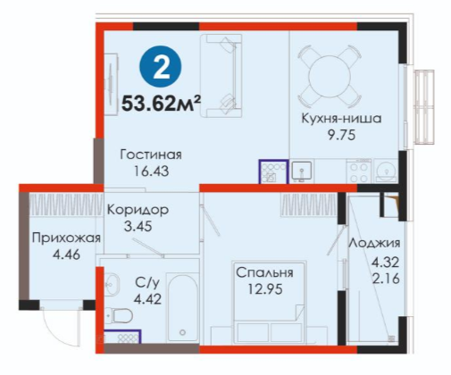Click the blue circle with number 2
[x=161, y=66]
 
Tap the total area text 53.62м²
[x=161, y=103]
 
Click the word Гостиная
[x=151, y=154]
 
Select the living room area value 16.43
[x=151, y=171]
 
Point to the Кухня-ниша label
[x=341, y=119]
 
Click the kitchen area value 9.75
[x=342, y=136]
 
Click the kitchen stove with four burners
[x=359, y=171]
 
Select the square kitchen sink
[x=302, y=171]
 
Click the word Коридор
[x=138, y=210]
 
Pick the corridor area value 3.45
[x=138, y=227]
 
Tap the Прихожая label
[x=66, y=238]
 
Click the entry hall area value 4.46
[x=66, y=254]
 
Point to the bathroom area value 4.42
[x=147, y=299]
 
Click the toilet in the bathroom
[x=120, y=315]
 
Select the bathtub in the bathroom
[x=182, y=308]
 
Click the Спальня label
[x=264, y=272]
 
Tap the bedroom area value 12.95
[x=265, y=289]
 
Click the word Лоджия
[x=374, y=244]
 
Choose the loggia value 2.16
[x=386, y=279]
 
